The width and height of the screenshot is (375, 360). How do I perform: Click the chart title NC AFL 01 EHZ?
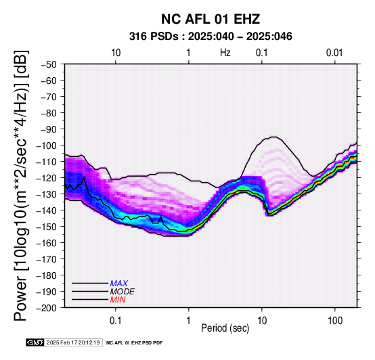point(211,19)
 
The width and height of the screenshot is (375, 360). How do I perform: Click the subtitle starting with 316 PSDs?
point(211,37)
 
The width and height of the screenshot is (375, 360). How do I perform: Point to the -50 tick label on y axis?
point(49,64)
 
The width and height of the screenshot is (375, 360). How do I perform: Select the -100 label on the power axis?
point(47,145)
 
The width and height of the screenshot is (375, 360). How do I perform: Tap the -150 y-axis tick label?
point(47,227)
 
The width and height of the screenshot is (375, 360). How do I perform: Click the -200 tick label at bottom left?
point(47,308)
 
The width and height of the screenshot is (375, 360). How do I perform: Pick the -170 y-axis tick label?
point(47,259)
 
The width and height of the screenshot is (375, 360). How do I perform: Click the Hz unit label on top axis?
point(225,53)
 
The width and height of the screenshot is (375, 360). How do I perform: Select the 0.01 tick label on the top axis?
point(334,53)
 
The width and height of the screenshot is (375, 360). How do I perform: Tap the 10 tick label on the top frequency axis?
point(116,53)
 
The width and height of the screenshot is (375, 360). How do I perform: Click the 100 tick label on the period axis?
point(335,321)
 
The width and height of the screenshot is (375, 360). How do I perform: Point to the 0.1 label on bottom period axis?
point(116,321)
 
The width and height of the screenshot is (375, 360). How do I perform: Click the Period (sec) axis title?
point(225,328)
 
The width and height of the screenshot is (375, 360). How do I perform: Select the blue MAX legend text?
point(119,284)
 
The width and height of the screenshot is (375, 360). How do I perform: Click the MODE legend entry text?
point(123,292)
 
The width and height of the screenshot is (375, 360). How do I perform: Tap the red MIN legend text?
point(118,300)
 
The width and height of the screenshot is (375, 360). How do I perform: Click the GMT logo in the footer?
point(35,342)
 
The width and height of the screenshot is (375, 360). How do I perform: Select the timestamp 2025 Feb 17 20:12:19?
point(73,342)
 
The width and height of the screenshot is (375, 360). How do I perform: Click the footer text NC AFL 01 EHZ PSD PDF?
point(135,343)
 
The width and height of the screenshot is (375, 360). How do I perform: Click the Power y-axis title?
point(21,185)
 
